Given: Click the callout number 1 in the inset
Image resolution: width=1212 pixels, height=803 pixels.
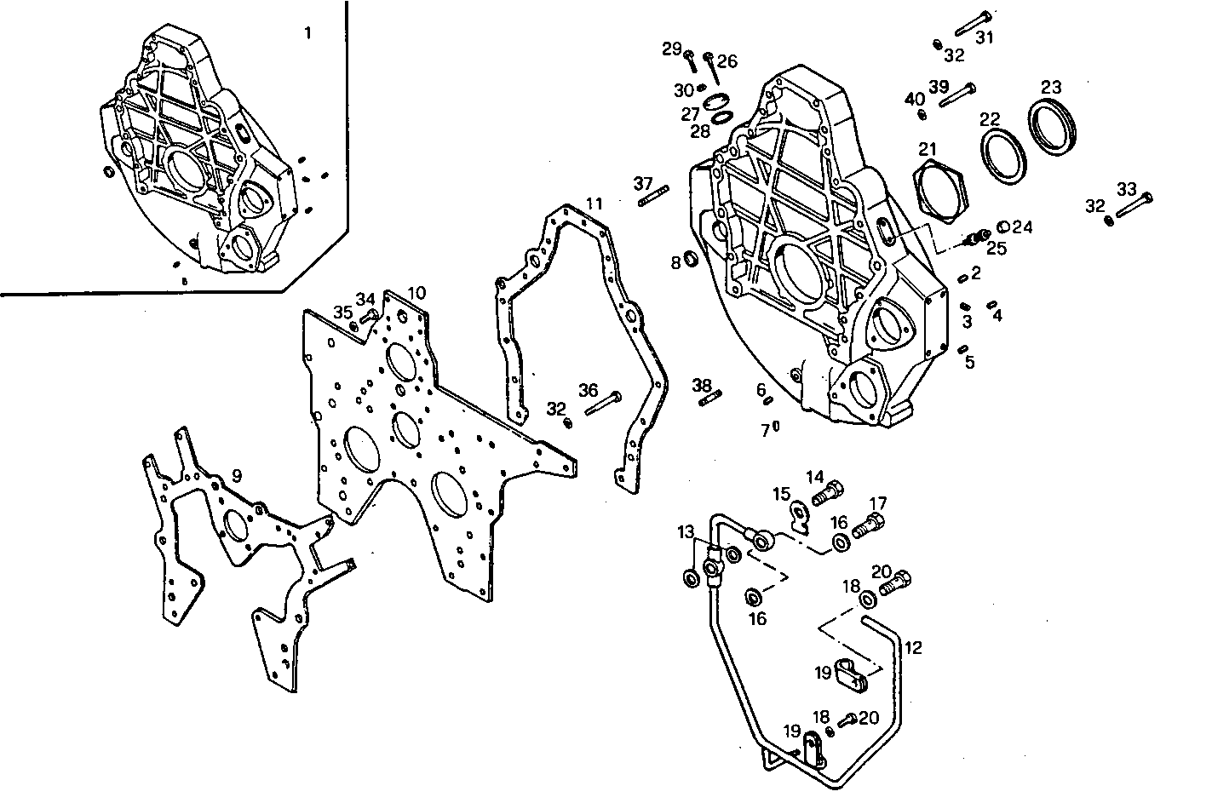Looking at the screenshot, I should tap(307, 33).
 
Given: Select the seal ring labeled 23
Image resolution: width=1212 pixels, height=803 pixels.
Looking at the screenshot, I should tap(1054, 122).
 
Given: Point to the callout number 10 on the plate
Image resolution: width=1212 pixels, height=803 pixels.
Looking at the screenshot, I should tap(416, 293).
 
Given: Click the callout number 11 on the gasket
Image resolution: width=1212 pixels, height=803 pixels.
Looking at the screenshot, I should tap(594, 204).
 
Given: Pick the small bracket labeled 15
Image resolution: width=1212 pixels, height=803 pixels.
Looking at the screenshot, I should tap(800, 514).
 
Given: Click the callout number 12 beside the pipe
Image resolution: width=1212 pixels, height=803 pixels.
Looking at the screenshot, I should tap(913, 648).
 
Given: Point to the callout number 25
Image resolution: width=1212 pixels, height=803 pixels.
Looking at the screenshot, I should tap(997, 249).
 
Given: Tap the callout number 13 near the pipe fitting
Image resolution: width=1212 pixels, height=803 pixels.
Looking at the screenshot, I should tap(686, 532).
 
